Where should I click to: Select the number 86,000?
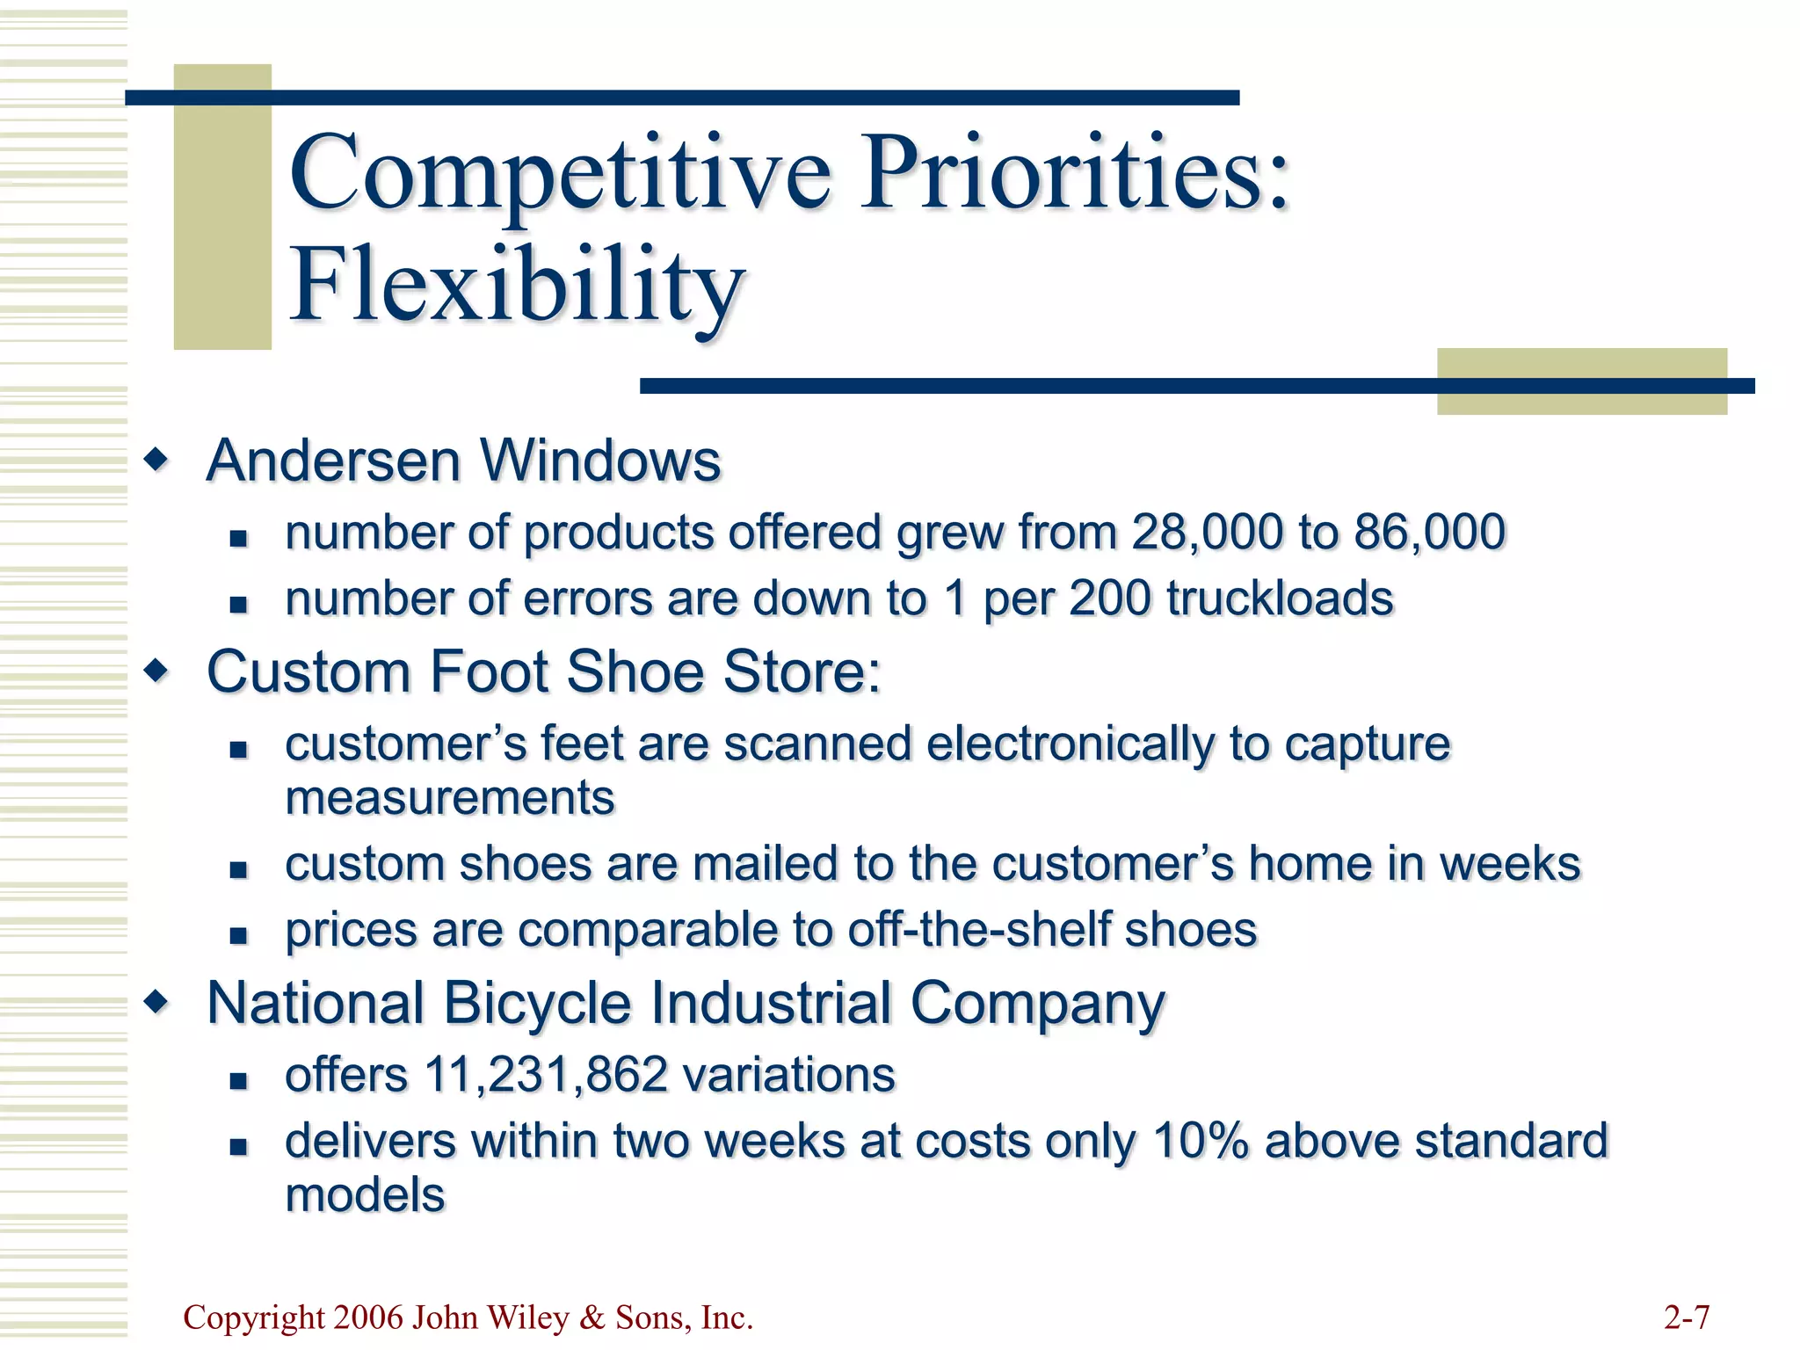[1430, 533]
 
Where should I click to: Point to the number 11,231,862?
[546, 1075]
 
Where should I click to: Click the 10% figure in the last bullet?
[1201, 1141]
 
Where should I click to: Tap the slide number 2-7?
[1687, 1317]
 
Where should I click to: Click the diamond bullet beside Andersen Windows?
[157, 460]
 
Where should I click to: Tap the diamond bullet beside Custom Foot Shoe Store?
[157, 672]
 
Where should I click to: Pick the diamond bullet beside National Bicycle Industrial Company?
[157, 1003]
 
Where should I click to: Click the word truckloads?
[1280, 599]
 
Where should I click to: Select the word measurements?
[450, 798]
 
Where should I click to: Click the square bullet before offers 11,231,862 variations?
[238, 1081]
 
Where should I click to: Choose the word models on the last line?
[365, 1195]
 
